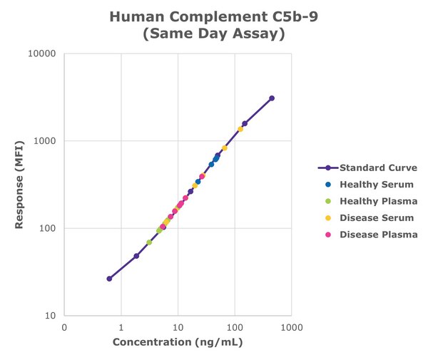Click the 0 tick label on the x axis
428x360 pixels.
(x=64, y=328)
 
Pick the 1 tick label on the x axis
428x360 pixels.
(x=121, y=328)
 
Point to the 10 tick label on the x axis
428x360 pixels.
(x=178, y=328)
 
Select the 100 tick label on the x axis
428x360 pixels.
(x=235, y=328)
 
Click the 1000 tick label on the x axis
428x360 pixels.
(x=291, y=328)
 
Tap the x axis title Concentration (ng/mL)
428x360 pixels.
(x=178, y=343)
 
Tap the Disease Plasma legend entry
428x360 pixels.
(x=378, y=235)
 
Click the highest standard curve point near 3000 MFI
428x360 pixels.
(x=272, y=98)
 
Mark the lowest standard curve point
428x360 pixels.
(x=109, y=278)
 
